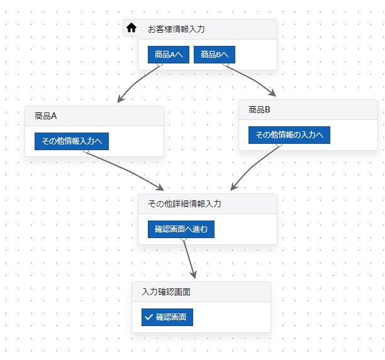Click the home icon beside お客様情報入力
(x=131, y=28)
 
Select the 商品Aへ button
(x=169, y=55)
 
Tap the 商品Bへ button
(x=215, y=55)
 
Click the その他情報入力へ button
(x=72, y=141)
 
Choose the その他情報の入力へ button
(x=289, y=135)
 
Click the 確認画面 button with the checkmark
(x=167, y=317)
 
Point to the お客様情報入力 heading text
(x=176, y=29)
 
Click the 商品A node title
(x=46, y=116)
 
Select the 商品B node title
(x=259, y=109)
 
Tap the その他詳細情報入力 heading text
(x=185, y=204)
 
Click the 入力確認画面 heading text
(x=166, y=292)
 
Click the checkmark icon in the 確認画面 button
(x=149, y=317)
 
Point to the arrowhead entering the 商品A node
(x=120, y=99)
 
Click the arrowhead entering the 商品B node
(x=272, y=93)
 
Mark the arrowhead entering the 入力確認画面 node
(x=194, y=275)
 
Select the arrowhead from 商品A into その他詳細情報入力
(x=160, y=188)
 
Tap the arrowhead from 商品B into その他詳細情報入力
(x=233, y=187)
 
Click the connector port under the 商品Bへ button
(x=226, y=65)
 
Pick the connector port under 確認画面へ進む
(x=184, y=239)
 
